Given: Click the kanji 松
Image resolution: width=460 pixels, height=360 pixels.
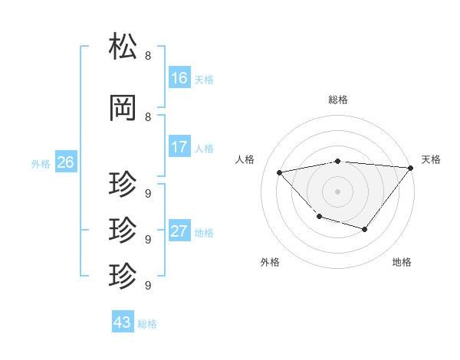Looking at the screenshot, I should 124,47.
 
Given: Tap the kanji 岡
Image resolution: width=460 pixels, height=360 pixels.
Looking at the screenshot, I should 124,109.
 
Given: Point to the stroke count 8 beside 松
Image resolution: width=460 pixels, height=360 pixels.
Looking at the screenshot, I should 148,56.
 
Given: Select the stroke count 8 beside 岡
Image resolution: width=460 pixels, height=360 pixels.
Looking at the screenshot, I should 148,117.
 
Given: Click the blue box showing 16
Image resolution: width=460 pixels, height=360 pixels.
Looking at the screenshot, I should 179,78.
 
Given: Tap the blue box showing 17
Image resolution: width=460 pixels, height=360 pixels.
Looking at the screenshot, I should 179,147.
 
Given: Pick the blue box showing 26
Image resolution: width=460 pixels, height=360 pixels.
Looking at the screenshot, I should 65,162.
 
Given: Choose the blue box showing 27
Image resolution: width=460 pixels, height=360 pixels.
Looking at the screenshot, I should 179,232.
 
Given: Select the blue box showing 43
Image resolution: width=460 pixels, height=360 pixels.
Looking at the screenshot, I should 123,322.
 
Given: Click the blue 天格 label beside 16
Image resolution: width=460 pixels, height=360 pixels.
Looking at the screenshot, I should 204,79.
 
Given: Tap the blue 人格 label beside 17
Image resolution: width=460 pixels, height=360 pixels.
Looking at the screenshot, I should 204,148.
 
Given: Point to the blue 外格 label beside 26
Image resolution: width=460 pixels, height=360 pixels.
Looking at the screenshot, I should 41,163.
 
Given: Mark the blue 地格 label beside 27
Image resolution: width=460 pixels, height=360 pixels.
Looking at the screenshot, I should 204,233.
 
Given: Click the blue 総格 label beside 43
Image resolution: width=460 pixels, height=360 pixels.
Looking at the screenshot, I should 147,323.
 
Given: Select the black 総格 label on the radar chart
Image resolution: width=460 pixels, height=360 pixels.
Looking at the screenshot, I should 338,100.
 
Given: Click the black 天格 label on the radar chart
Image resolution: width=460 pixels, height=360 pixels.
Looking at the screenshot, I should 431,159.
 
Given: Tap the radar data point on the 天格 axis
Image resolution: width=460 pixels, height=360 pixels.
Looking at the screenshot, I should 411,168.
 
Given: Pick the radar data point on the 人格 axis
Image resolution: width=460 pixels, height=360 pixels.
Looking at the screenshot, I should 280,172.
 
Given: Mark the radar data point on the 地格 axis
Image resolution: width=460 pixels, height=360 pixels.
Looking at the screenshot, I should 365,229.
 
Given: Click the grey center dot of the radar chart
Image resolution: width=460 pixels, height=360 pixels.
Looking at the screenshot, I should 338,191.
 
